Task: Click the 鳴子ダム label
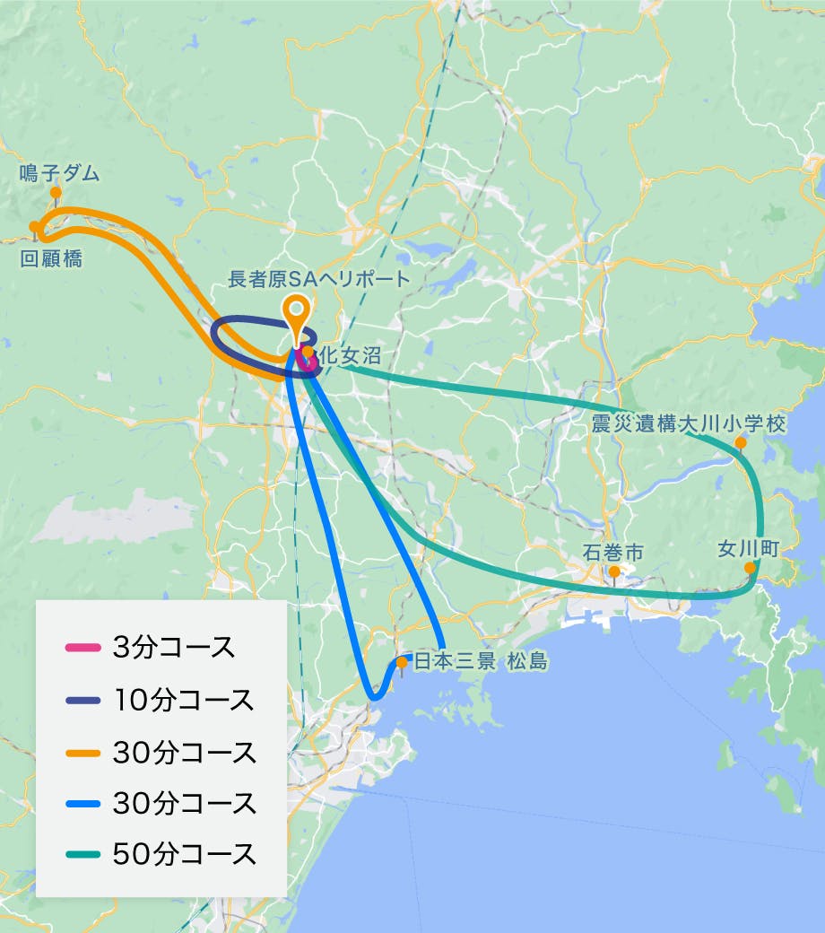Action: [x=59, y=173]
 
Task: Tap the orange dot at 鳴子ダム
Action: [x=56, y=192]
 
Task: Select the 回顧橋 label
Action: [x=51, y=259]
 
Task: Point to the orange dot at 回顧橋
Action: [x=34, y=226]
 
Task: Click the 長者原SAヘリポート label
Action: [x=318, y=279]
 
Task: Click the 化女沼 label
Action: [x=343, y=354]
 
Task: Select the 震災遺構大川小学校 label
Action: [x=689, y=423]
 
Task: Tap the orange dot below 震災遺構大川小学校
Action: [x=741, y=443]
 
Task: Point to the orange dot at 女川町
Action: [x=750, y=568]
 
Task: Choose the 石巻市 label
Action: [x=613, y=552]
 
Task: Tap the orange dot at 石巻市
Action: [x=614, y=571]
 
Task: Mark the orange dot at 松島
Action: [x=402, y=662]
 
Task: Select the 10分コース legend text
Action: [x=183, y=699]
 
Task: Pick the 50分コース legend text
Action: [x=184, y=854]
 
